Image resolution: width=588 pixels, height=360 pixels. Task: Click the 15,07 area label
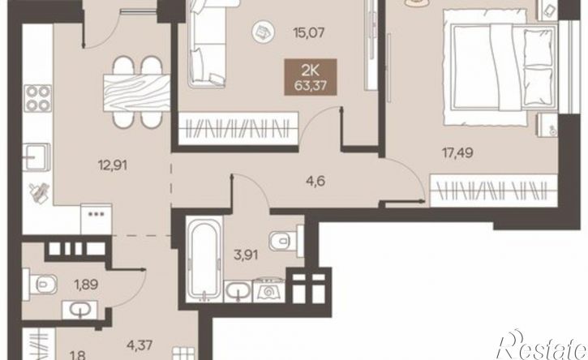click(x=309, y=32)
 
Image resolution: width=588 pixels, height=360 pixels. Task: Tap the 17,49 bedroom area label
click(x=457, y=153)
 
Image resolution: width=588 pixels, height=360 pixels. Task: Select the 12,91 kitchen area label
click(x=113, y=165)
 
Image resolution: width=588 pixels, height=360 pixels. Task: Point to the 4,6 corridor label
click(x=315, y=182)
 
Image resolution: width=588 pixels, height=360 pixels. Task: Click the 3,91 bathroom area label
click(x=246, y=255)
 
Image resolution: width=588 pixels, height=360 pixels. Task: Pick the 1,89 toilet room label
click(x=86, y=285)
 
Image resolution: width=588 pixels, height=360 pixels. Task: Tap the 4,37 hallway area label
click(x=139, y=345)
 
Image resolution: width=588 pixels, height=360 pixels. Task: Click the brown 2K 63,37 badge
click(x=311, y=77)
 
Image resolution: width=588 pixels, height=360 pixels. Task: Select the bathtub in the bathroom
click(x=204, y=259)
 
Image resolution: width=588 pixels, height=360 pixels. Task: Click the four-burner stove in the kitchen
click(x=38, y=98)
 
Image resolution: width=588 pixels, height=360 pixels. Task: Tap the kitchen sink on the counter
click(x=36, y=156)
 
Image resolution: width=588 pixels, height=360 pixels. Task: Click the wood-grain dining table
click(x=136, y=92)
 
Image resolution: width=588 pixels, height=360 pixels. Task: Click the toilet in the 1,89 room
click(x=40, y=285)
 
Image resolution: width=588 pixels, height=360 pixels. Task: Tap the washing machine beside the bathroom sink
click(x=269, y=290)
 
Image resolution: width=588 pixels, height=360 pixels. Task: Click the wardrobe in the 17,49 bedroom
click(x=493, y=191)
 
